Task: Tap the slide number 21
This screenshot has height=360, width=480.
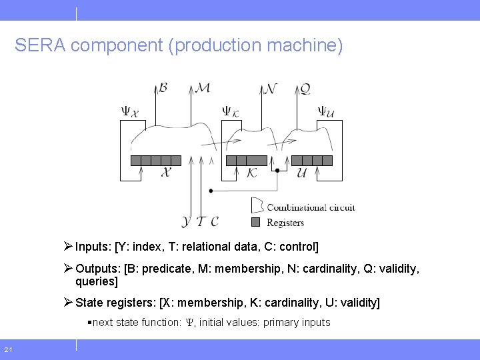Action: point(8,350)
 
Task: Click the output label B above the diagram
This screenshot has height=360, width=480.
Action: point(164,88)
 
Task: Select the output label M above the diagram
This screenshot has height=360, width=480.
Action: point(203,88)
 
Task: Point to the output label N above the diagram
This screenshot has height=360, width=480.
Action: point(270,89)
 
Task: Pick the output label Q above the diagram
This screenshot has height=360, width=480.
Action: point(304,89)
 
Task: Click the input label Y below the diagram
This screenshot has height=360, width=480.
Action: point(186,221)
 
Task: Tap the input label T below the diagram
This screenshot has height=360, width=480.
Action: point(201,221)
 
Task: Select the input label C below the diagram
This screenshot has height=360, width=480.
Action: point(214,221)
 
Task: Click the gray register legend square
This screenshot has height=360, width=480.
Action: point(255,222)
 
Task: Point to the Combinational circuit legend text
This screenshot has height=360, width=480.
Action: point(311,207)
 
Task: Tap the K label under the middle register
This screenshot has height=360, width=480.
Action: point(252,173)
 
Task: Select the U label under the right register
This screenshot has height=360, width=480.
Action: point(301,173)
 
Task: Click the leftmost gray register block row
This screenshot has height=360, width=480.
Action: point(156,160)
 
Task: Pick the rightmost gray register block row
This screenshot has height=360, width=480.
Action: point(312,160)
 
